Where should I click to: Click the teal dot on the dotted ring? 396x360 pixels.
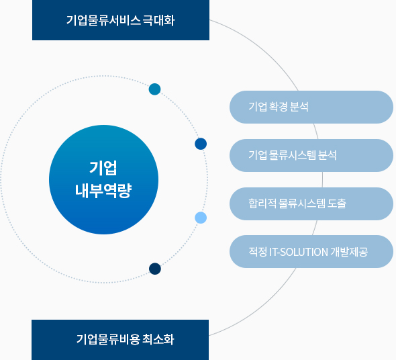[x=155, y=89]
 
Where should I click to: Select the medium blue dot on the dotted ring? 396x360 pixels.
[x=201, y=144]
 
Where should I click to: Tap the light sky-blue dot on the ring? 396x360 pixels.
[x=201, y=218]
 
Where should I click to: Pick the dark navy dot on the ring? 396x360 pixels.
[x=155, y=269]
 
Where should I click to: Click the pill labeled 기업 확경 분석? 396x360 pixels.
[x=311, y=107]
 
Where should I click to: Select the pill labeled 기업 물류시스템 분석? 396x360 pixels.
[x=311, y=155]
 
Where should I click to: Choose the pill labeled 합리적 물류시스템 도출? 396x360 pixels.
[x=311, y=204]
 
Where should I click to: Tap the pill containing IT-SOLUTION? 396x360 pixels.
[x=311, y=252]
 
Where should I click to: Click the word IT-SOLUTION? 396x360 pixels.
[x=299, y=252]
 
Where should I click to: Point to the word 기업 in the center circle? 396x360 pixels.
[x=103, y=168]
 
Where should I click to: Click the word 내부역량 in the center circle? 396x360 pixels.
[x=103, y=190]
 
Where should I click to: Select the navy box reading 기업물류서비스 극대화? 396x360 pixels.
[x=121, y=20]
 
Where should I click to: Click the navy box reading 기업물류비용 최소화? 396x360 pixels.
[x=120, y=340]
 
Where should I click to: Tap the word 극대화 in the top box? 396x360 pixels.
[x=158, y=20]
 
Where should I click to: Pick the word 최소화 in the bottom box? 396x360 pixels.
[x=158, y=339]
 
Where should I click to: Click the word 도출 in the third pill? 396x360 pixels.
[x=337, y=204]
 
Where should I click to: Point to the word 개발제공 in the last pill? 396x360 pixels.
[x=349, y=252]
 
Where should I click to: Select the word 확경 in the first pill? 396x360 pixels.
[x=279, y=107]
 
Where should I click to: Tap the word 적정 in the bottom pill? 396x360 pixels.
[x=258, y=252]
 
